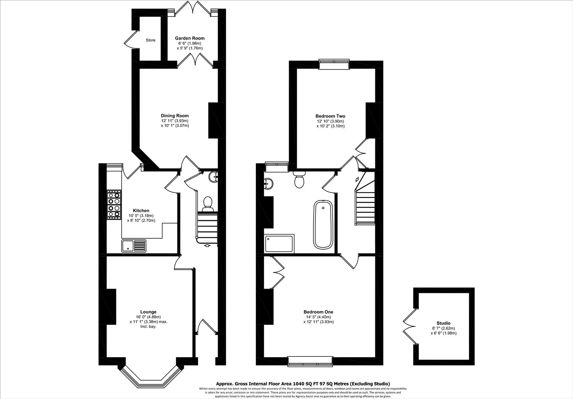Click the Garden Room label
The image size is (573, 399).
click(x=189, y=38)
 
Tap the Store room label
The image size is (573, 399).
click(x=150, y=40)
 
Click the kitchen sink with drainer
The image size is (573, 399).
click(x=133, y=245)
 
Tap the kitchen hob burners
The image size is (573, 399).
click(x=114, y=205)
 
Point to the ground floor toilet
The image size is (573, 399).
click(x=207, y=203)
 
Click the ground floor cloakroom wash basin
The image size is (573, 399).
click(x=214, y=177)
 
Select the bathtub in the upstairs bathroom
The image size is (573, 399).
click(x=323, y=225)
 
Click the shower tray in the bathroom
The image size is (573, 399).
click(x=279, y=243)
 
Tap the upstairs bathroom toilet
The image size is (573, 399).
click(x=299, y=180)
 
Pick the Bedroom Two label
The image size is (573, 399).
click(x=330, y=116)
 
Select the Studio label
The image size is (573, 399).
click(x=443, y=323)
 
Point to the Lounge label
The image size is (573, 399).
click(x=148, y=312)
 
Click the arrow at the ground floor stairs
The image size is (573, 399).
click(x=207, y=245)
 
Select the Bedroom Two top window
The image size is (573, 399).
click(x=334, y=65)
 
